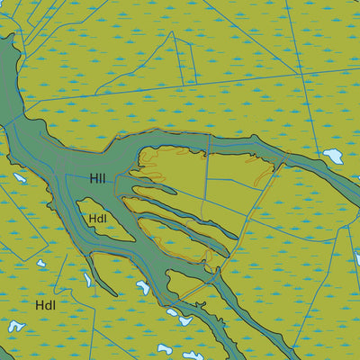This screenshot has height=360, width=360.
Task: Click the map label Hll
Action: pyautogui.click(x=97, y=179)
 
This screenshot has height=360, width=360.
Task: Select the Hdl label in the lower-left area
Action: pyautogui.click(x=46, y=305)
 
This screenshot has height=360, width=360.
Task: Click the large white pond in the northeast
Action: pyautogui.click(x=332, y=156)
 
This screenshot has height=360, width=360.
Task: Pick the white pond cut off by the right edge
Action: pyautogui.click(x=356, y=258)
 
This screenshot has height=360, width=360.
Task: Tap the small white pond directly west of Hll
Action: pyautogui.click(x=19, y=177)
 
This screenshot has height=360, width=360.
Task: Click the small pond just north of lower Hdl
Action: pyautogui.click(x=40, y=264)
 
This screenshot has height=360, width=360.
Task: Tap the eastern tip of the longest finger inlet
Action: pyautogui.click(x=237, y=236)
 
